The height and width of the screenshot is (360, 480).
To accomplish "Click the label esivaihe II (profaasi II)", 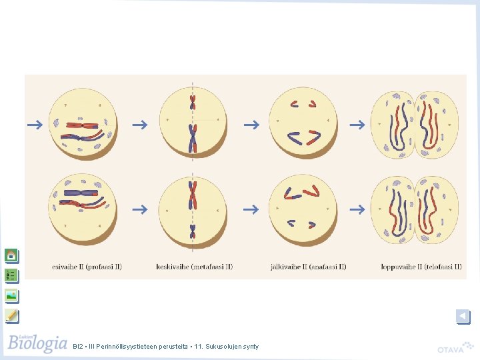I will click(87, 267).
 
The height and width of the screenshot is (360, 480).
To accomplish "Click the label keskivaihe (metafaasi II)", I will click(194, 267).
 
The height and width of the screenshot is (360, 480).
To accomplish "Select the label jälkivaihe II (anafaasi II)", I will click(309, 267).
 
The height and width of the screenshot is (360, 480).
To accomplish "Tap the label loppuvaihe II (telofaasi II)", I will click(421, 267).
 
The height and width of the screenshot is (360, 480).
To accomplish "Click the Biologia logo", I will click(38, 343).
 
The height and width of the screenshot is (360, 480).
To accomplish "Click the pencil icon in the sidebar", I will click(11, 315).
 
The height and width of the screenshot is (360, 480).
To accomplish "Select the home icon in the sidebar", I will click(11, 255).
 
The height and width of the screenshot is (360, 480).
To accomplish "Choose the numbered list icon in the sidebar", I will click(11, 275).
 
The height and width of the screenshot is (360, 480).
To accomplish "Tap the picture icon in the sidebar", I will click(11, 295).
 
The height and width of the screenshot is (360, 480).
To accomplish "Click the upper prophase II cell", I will click(83, 123).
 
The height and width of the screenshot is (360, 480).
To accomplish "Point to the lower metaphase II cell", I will click(193, 209).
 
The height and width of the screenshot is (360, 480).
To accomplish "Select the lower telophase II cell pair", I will click(415, 209).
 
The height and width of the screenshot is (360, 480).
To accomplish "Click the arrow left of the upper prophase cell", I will click(35, 124).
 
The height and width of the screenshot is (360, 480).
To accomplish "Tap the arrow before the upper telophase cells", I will click(358, 125).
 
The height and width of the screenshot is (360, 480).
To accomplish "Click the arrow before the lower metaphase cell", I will click(139, 209).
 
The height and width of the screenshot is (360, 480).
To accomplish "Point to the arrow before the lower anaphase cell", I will click(250, 209).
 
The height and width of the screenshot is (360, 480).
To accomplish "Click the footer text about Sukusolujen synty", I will click(167, 346).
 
